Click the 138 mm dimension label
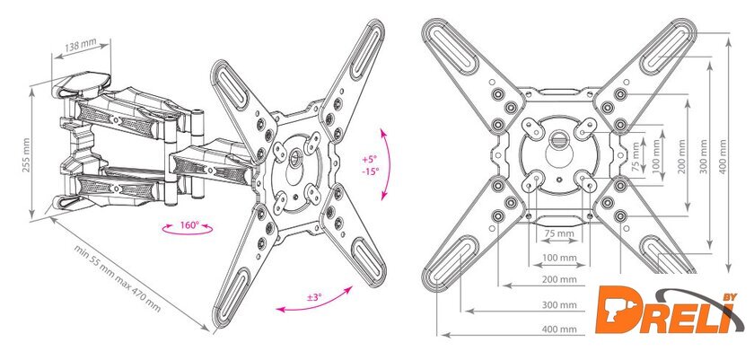pyautogui.click(x=81, y=45)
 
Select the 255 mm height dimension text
pyautogui.click(x=26, y=154)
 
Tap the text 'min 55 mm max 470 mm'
pyautogui.click(x=117, y=278)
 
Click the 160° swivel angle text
pyautogui.click(x=189, y=225)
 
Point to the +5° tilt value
pyautogui.click(x=370, y=160)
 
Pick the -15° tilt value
pyautogui.click(x=370, y=171)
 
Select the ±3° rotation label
pyautogui.click(x=313, y=297)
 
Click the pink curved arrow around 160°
pyautogui.click(x=187, y=233)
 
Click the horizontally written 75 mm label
pyautogui.click(x=559, y=233)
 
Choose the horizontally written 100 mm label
pyautogui.click(x=559, y=258)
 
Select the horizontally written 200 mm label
pyautogui.click(x=559, y=279)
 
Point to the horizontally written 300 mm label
pyautogui.click(x=559, y=304)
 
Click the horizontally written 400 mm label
pyautogui.click(x=559, y=329)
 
